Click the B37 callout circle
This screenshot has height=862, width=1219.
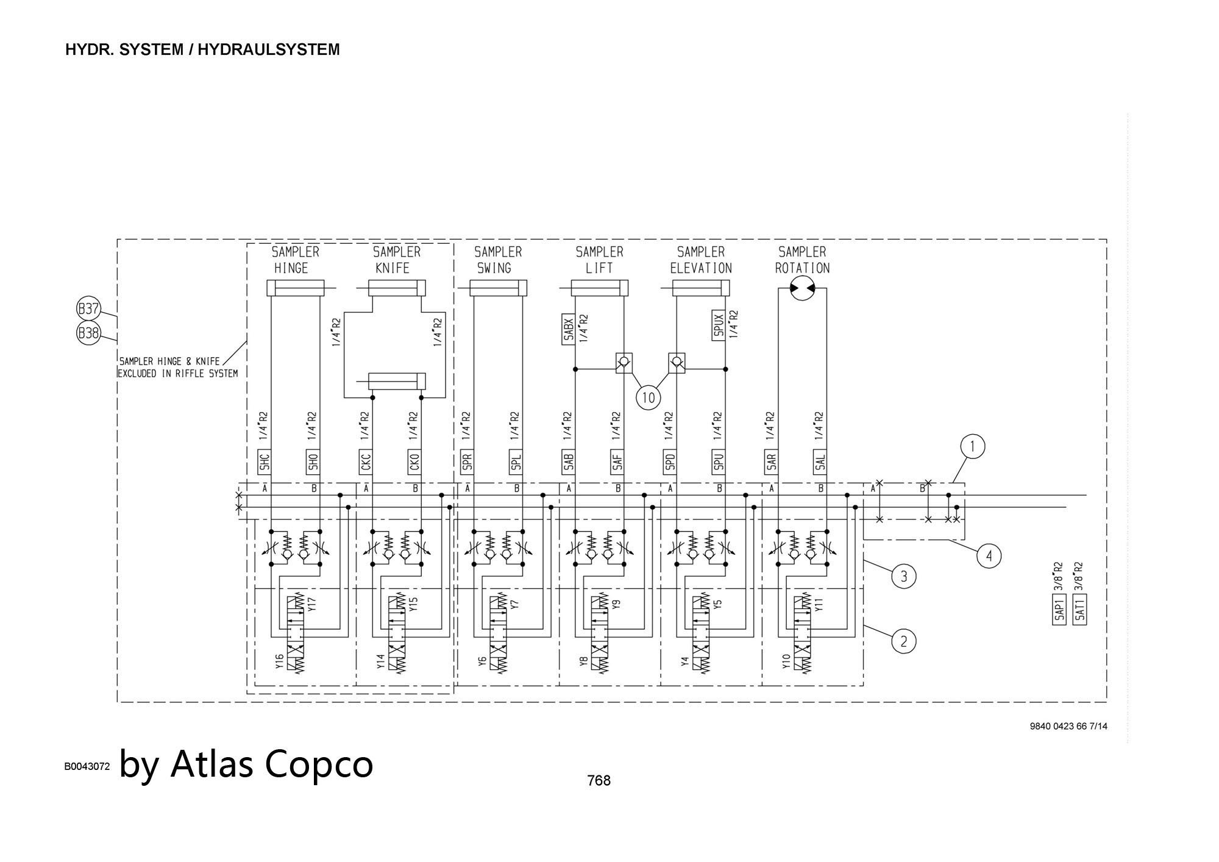coord(88,308)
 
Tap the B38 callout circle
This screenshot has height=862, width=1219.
coord(88,333)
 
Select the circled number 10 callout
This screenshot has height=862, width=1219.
coord(648,398)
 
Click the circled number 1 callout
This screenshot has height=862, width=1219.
coord(972,447)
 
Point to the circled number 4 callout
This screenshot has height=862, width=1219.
coord(989,556)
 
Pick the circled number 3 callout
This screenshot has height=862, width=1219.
coord(903,576)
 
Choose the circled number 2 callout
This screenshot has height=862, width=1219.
coord(903,641)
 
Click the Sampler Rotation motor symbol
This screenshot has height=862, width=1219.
coord(802,288)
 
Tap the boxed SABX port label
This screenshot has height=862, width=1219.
coord(568,330)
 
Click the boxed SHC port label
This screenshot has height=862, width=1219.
coord(264,463)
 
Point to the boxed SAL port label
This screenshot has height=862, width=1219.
coord(820,463)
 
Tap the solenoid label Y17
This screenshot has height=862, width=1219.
coord(312,604)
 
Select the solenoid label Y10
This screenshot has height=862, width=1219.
coord(786,661)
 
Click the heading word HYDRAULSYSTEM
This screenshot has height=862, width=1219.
coord(268,50)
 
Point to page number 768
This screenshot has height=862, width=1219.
coord(599,780)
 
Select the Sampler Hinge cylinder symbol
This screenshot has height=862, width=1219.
coord(295,288)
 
